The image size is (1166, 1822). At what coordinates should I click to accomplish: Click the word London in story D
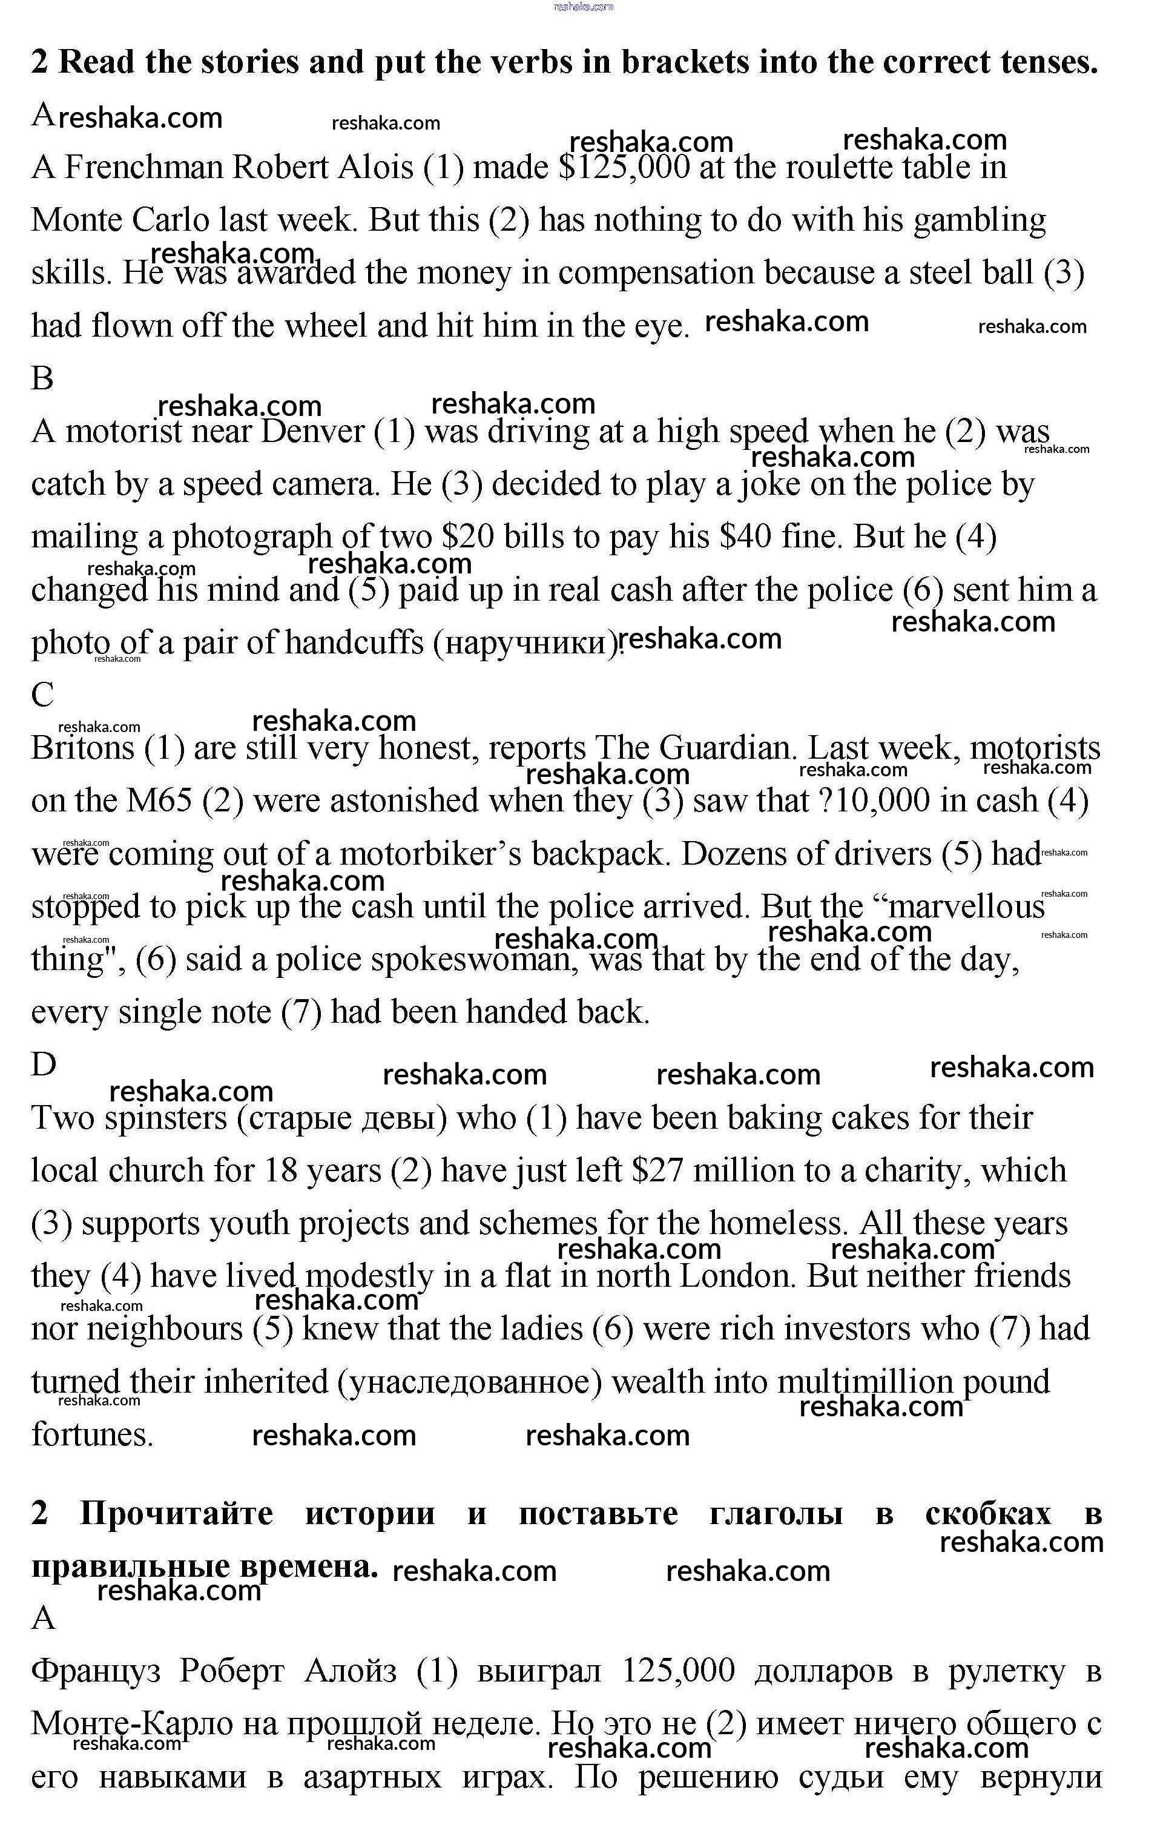point(738,1278)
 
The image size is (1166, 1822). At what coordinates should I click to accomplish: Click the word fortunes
point(93,1436)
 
